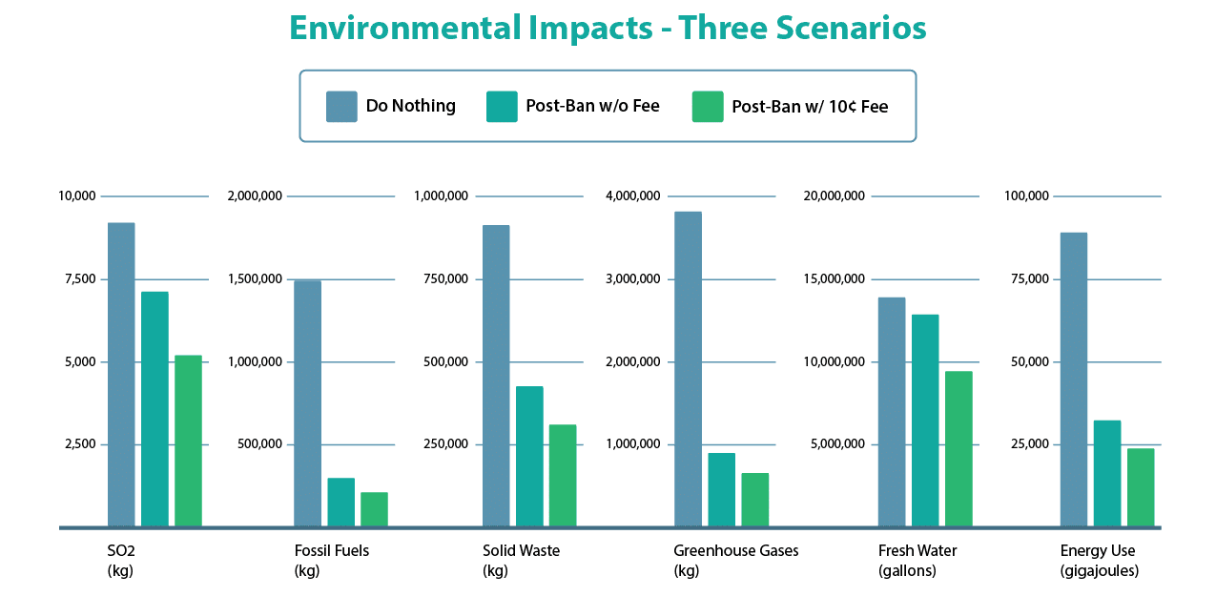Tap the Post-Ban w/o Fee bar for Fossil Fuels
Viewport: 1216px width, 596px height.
click(340, 502)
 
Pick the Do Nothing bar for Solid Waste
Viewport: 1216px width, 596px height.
click(496, 376)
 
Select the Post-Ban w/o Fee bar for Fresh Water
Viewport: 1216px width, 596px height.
click(925, 421)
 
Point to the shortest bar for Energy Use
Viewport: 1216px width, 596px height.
click(1141, 487)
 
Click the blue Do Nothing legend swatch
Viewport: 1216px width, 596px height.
click(341, 107)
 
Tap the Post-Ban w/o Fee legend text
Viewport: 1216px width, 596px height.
click(592, 106)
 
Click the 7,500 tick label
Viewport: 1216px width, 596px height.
click(77, 279)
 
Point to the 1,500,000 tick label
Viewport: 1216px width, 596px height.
click(255, 279)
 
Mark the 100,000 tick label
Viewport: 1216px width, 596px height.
click(1026, 196)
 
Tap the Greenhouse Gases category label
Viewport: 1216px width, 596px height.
click(735, 551)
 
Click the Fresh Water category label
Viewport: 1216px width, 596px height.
click(917, 551)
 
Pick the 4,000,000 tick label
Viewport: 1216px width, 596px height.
click(632, 196)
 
